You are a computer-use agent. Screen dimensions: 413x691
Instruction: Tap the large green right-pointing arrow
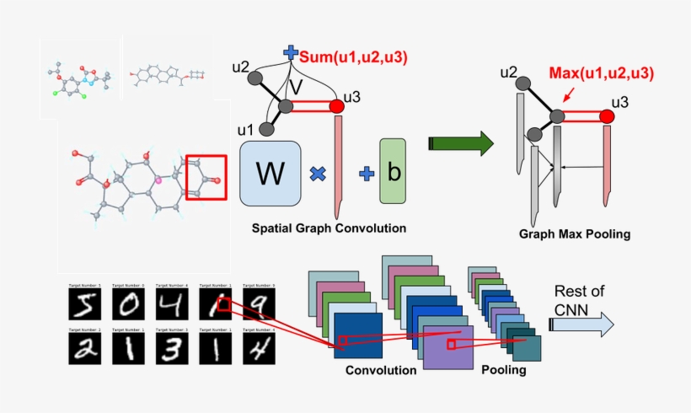click(x=461, y=143)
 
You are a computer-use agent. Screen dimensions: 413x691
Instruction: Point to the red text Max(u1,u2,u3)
click(x=601, y=73)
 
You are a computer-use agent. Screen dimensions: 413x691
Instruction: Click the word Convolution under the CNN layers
click(x=381, y=370)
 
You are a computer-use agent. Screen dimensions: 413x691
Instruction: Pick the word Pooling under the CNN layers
click(x=504, y=369)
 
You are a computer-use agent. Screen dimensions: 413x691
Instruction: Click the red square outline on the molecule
click(x=206, y=177)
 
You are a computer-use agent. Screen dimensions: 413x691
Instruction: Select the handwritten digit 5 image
click(x=88, y=308)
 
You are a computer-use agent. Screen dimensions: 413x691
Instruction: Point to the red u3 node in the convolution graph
click(x=337, y=107)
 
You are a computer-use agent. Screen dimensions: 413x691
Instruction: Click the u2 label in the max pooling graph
click(x=508, y=72)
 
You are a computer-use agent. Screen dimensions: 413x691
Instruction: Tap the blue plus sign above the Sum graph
click(x=291, y=52)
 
